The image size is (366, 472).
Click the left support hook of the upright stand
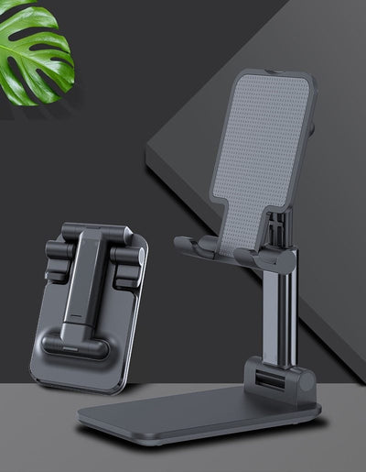[x=197, y=246]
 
